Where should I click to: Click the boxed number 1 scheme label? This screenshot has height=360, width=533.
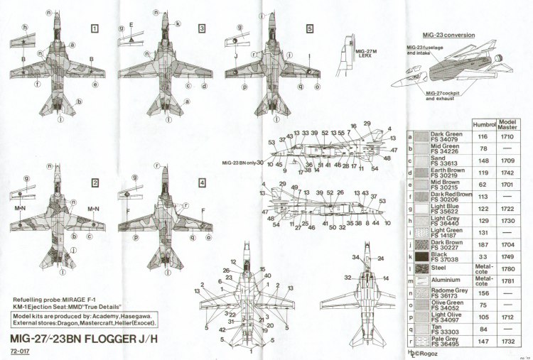[95, 29]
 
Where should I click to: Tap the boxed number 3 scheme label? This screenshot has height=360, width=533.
[202, 29]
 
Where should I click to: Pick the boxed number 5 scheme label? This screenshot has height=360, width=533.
[310, 29]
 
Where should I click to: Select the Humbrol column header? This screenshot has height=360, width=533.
[483, 124]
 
